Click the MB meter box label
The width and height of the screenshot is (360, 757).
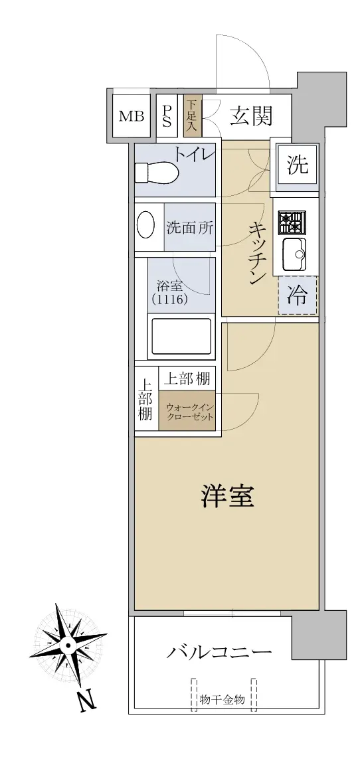point(132,116)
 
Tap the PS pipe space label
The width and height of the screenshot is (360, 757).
point(167,116)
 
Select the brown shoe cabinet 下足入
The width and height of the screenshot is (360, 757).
point(193,116)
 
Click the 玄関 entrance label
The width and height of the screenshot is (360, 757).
point(251,116)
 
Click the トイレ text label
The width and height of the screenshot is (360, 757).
point(193,155)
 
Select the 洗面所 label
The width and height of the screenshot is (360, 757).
point(190,227)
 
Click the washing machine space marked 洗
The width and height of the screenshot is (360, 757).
point(298,165)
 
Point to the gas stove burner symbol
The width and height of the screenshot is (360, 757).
point(292,222)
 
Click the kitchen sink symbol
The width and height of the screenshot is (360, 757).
point(294,254)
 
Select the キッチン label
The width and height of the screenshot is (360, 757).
point(256,255)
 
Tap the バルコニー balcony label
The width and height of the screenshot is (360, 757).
point(219,653)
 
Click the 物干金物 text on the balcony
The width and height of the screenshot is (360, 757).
point(223,699)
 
